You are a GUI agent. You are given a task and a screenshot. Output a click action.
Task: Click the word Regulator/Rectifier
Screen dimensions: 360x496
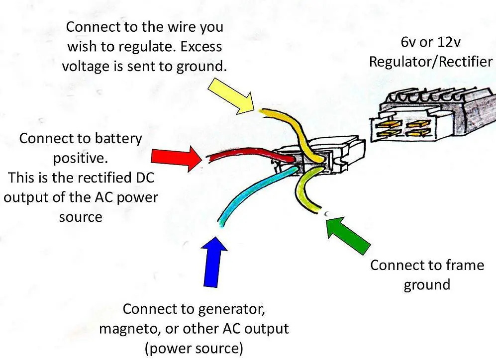pos(431,62)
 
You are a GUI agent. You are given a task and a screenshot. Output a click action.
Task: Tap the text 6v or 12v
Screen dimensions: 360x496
pos(431,43)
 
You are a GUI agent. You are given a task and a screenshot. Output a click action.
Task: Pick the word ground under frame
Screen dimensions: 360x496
pos(426,284)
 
